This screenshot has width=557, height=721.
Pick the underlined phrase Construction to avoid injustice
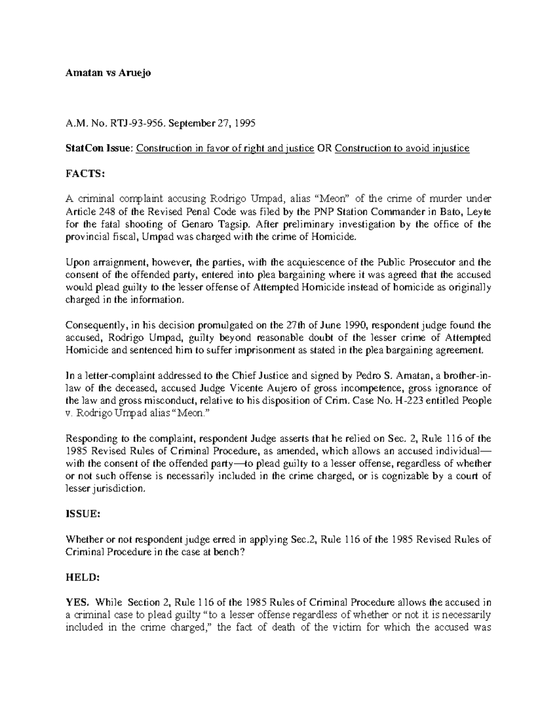(x=402, y=149)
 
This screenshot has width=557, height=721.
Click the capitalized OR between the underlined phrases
(x=324, y=149)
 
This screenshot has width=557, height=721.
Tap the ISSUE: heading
(x=84, y=514)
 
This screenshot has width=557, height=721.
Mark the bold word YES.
(x=77, y=603)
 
